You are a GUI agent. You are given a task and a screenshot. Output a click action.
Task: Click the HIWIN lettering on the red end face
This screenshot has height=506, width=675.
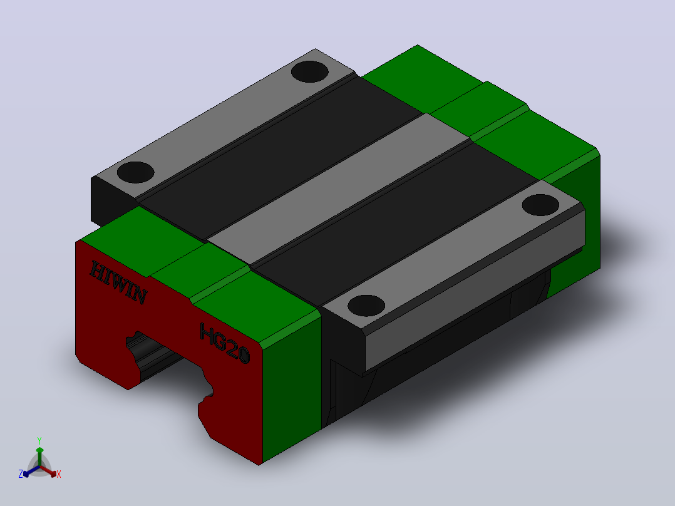[118, 282]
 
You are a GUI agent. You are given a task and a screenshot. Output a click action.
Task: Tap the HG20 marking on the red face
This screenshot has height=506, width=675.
[224, 343]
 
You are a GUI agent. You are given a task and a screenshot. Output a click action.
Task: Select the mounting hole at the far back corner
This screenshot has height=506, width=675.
[310, 71]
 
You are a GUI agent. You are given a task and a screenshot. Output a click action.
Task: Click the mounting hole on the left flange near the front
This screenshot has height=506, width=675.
[136, 172]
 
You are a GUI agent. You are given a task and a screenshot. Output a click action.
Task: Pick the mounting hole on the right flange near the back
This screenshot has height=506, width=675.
[540, 205]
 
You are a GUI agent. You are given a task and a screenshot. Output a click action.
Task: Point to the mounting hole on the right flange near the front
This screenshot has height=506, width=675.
[366, 306]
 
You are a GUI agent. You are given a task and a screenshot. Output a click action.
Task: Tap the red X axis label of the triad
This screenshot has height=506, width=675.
[59, 474]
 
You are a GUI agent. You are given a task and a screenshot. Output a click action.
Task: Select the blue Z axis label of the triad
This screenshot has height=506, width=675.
[21, 474]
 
